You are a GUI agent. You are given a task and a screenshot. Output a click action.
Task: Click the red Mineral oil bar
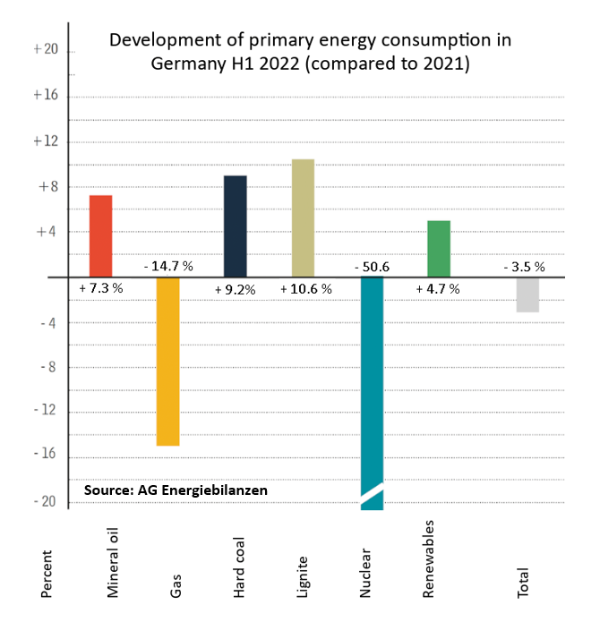click(101, 236)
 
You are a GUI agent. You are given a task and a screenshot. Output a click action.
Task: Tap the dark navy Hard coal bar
click(236, 226)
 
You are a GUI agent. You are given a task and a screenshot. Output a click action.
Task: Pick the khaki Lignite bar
click(303, 218)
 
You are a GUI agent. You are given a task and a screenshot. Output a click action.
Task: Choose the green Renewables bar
click(439, 249)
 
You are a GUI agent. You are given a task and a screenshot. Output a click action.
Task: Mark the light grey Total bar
click(527, 294)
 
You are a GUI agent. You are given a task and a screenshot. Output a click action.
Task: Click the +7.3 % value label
click(101, 289)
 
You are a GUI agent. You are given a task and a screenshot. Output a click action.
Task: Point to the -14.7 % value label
click(168, 267)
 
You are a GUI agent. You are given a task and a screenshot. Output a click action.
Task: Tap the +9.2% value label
click(236, 289)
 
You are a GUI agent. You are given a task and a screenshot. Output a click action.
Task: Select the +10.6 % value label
click(305, 289)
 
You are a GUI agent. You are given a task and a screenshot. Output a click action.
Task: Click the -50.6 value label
click(372, 267)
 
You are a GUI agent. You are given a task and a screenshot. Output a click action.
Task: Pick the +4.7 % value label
click(438, 289)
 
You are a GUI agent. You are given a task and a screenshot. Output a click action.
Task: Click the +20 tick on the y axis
click(45, 50)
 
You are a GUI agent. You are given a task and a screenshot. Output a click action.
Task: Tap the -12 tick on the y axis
click(45, 412)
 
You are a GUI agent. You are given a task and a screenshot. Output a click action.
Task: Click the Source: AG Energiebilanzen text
click(176, 490)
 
